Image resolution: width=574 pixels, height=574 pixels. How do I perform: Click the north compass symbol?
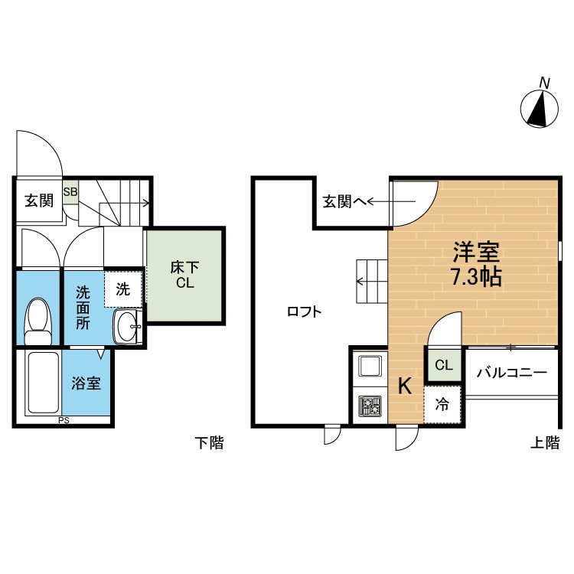pos(540,108)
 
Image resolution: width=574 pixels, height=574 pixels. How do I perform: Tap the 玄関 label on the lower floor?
pos(38,201)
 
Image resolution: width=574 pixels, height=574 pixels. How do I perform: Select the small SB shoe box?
pos(70,191)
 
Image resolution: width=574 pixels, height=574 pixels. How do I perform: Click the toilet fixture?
pos(38,322)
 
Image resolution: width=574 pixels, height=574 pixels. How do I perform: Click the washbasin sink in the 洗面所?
pos(126,328)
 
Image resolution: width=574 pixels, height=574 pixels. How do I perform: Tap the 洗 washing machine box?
pos(123,289)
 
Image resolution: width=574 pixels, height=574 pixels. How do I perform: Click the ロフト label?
pos(303,311)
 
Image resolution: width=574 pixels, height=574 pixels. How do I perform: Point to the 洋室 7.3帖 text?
pos(476,264)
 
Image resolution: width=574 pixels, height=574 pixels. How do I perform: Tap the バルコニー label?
pos(511,373)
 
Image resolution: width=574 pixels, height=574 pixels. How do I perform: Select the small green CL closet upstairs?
pos(444,365)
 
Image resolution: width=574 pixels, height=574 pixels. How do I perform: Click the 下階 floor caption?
pos(208,442)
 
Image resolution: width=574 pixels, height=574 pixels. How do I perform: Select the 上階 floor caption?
pos(546,442)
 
